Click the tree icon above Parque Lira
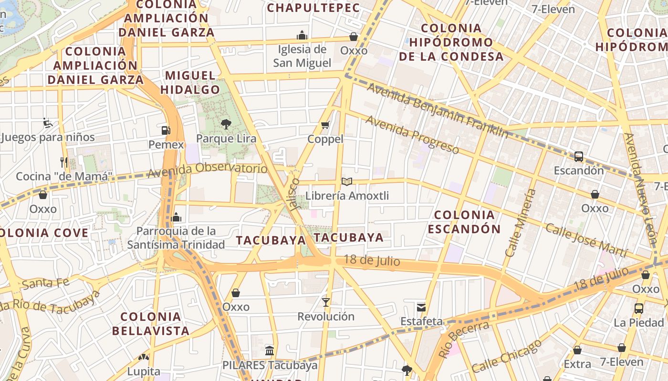[226, 124]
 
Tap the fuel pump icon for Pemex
[166, 130]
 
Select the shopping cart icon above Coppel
[325, 125]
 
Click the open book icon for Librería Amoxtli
[347, 181]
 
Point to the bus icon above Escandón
[579, 156]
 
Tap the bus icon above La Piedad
[639, 308]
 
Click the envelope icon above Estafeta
[421, 307]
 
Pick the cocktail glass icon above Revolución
[326, 302]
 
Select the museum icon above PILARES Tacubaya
[270, 351]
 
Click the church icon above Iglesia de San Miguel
[302, 35]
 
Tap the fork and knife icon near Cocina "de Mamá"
[64, 162]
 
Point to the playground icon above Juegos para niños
[48, 123]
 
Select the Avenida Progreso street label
[412, 135]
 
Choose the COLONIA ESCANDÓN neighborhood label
[464, 222]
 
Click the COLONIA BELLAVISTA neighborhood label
[151, 323]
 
